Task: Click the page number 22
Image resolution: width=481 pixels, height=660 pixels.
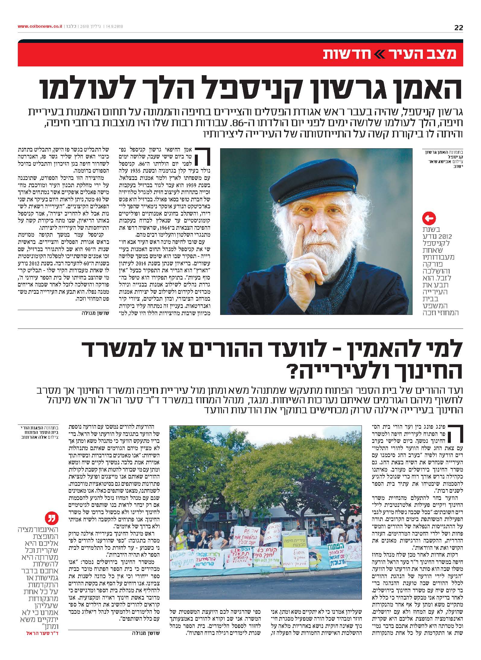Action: click(x=458, y=28)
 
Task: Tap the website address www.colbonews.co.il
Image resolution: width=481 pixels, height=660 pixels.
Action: click(x=40, y=27)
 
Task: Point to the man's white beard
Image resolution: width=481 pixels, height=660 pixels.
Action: click(x=324, y=248)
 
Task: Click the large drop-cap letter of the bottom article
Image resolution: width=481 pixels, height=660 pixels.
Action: click(x=454, y=433)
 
